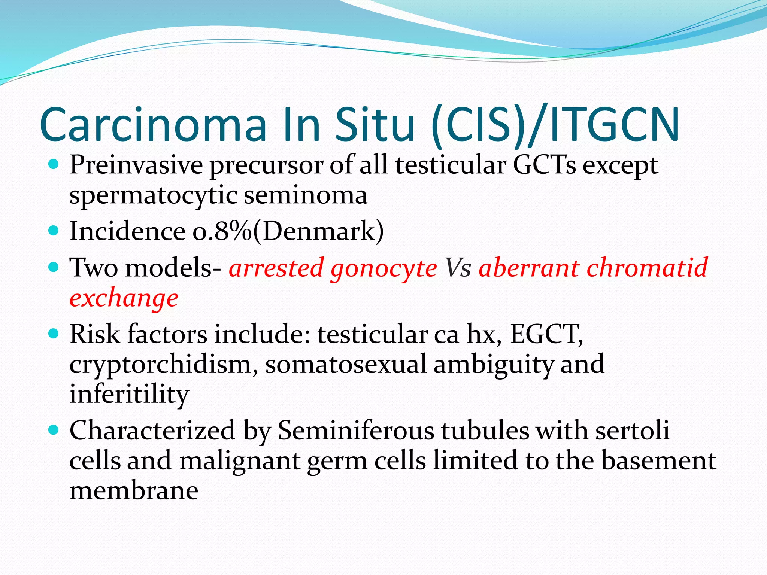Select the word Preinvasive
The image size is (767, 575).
pyautogui.click(x=136, y=165)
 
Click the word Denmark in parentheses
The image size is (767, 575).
pyautogui.click(x=318, y=231)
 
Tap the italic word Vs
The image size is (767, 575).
pyautogui.click(x=457, y=268)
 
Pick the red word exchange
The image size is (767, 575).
pyautogui.click(x=124, y=299)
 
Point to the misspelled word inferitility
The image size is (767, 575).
pyautogui.click(x=129, y=394)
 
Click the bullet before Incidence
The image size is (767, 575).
pyautogui.click(x=54, y=231)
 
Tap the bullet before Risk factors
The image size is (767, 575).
pyautogui.click(x=54, y=333)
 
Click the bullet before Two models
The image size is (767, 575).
pyautogui.click(x=54, y=267)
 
